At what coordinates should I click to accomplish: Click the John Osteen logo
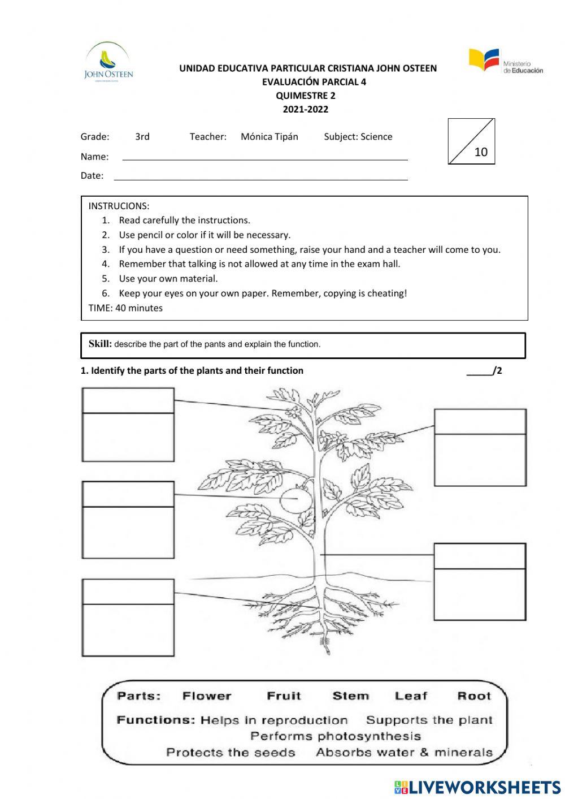coord(108,63)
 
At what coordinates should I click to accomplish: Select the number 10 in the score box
coord(480,152)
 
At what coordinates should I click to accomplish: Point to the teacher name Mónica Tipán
coord(269,136)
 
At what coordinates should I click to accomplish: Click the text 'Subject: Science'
coord(358,136)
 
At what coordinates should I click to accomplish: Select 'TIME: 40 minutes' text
coord(125,308)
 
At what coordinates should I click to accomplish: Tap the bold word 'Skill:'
coord(100,344)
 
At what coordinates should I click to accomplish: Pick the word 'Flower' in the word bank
coord(207,696)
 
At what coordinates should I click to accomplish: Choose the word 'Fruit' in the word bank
coord(284,696)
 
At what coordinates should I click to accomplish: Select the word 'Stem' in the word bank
coord(350,696)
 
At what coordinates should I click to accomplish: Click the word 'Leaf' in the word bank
coord(411,696)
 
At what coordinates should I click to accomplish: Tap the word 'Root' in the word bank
coord(474,696)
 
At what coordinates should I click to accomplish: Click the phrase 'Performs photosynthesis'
coord(335,736)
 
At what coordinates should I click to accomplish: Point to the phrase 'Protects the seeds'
coord(231,753)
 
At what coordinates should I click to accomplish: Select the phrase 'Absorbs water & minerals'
coord(404,753)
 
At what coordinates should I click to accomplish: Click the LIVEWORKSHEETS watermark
coord(477,787)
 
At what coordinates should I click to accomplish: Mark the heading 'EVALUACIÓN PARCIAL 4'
coord(314,82)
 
